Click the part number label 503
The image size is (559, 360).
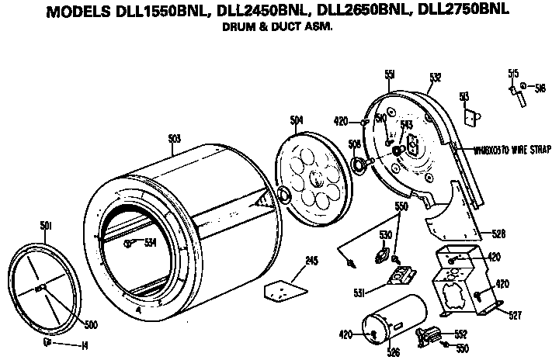[175, 138]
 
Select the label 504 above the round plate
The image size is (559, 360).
[297, 120]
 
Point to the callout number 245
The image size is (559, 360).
[311, 261]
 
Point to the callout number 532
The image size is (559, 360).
[435, 77]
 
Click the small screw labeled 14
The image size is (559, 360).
[47, 342]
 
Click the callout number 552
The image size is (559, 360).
[460, 334]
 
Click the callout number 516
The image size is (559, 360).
[540, 87]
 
